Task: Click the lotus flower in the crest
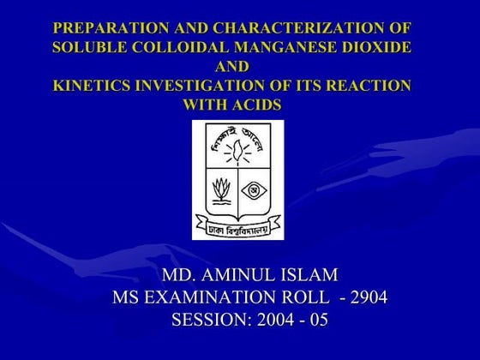click(x=219, y=189)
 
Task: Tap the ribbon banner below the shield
click(x=237, y=228)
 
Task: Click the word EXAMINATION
click(x=212, y=298)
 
